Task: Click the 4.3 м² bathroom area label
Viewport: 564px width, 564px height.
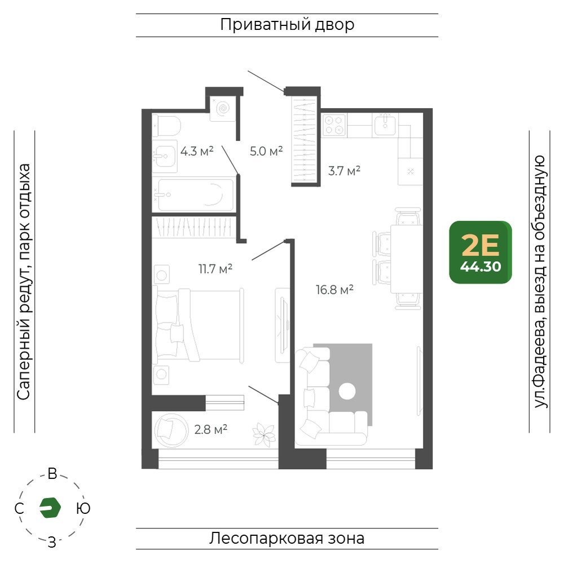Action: tap(197, 151)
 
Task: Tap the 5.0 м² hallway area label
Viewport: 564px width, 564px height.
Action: tap(266, 151)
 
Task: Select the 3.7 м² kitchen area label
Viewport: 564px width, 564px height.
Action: tap(344, 170)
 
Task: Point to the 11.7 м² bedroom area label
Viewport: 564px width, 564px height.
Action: tap(215, 268)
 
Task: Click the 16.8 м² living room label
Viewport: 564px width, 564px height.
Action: tap(334, 289)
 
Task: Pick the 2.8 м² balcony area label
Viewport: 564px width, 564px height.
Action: tap(211, 429)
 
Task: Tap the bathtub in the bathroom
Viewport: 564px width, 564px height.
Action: tap(194, 195)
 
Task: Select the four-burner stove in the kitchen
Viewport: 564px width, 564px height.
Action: tap(334, 125)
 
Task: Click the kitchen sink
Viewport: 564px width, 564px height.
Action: tap(385, 125)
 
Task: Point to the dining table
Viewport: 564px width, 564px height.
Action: tap(407, 259)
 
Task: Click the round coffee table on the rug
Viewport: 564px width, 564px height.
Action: tap(347, 391)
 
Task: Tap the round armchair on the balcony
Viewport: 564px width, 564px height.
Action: tap(171, 430)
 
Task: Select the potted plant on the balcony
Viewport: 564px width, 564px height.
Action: tap(264, 434)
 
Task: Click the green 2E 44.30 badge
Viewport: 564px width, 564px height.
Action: tap(481, 252)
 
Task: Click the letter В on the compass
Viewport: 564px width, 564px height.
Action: tap(52, 474)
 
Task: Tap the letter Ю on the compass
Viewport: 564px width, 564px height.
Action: tap(83, 509)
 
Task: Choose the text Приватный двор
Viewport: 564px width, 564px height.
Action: tap(287, 25)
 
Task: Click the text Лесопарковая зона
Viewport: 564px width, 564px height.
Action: tap(287, 539)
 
